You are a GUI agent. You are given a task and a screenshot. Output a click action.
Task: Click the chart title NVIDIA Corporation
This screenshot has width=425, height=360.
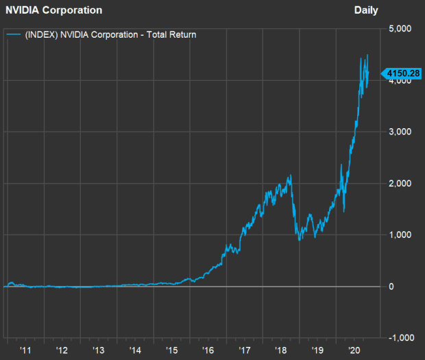(54, 10)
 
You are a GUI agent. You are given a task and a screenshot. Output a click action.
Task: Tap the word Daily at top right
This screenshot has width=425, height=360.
(367, 10)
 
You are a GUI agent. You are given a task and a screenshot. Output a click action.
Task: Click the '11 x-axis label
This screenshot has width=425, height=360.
(26, 350)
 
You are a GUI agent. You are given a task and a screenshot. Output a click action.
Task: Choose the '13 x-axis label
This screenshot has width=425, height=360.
(99, 350)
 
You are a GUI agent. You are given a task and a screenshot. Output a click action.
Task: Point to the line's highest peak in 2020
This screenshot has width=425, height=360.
(367, 55)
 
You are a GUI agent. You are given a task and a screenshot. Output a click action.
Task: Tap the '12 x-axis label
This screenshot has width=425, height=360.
(62, 350)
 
